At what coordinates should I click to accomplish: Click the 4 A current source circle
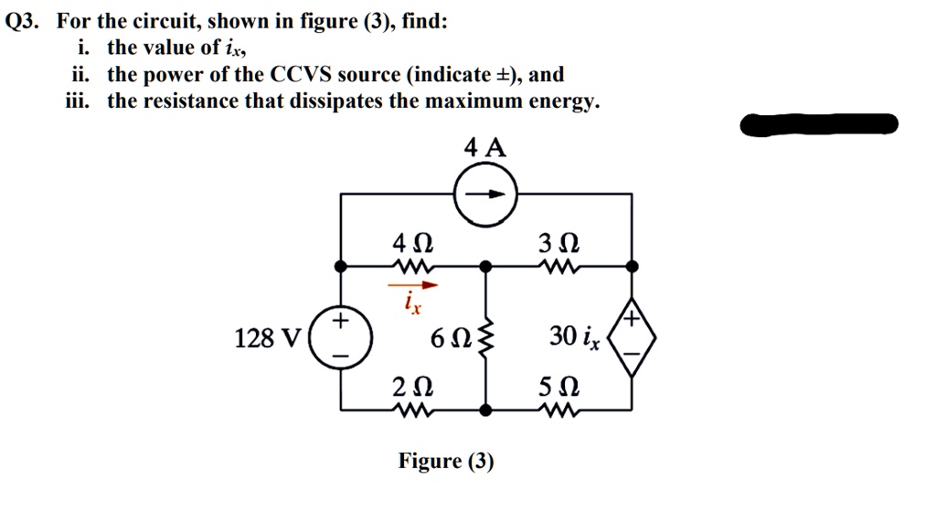pyautogui.click(x=485, y=194)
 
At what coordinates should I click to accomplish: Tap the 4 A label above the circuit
pyautogui.click(x=484, y=148)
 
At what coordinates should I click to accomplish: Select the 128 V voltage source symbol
pyautogui.click(x=341, y=337)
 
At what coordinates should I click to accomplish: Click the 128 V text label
pyautogui.click(x=267, y=338)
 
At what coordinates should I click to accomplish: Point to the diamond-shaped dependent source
pyautogui.click(x=632, y=336)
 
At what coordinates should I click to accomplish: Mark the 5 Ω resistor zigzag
pyautogui.click(x=558, y=409)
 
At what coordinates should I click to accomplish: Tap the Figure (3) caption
pyautogui.click(x=445, y=461)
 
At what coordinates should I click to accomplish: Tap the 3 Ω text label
pyautogui.click(x=558, y=244)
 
